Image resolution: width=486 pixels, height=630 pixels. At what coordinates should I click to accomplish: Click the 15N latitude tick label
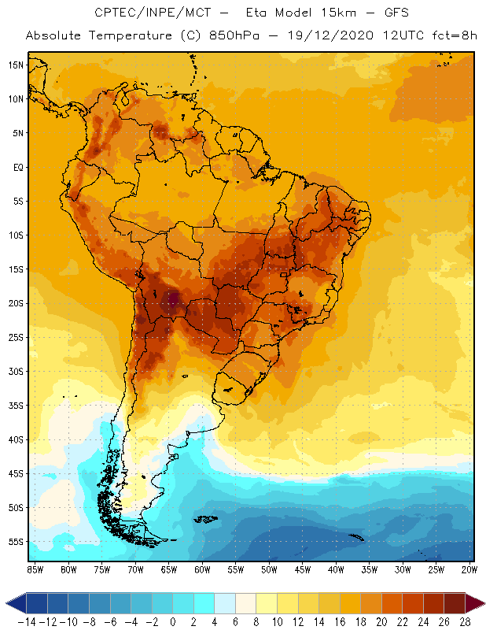coord(15,65)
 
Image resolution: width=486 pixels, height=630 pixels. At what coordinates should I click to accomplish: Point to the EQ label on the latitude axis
coord(17,167)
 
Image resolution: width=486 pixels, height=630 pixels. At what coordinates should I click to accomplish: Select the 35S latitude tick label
coord(15,405)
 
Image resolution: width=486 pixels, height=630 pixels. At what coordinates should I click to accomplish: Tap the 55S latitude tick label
coord(15,542)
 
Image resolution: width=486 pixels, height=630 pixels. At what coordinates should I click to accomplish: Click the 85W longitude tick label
coord(35,569)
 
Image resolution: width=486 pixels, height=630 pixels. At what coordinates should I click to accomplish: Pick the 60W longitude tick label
coord(202,569)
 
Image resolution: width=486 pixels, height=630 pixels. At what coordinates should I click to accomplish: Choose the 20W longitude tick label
coord(470,569)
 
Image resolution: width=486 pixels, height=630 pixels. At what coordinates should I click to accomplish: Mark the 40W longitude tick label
coord(337,569)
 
